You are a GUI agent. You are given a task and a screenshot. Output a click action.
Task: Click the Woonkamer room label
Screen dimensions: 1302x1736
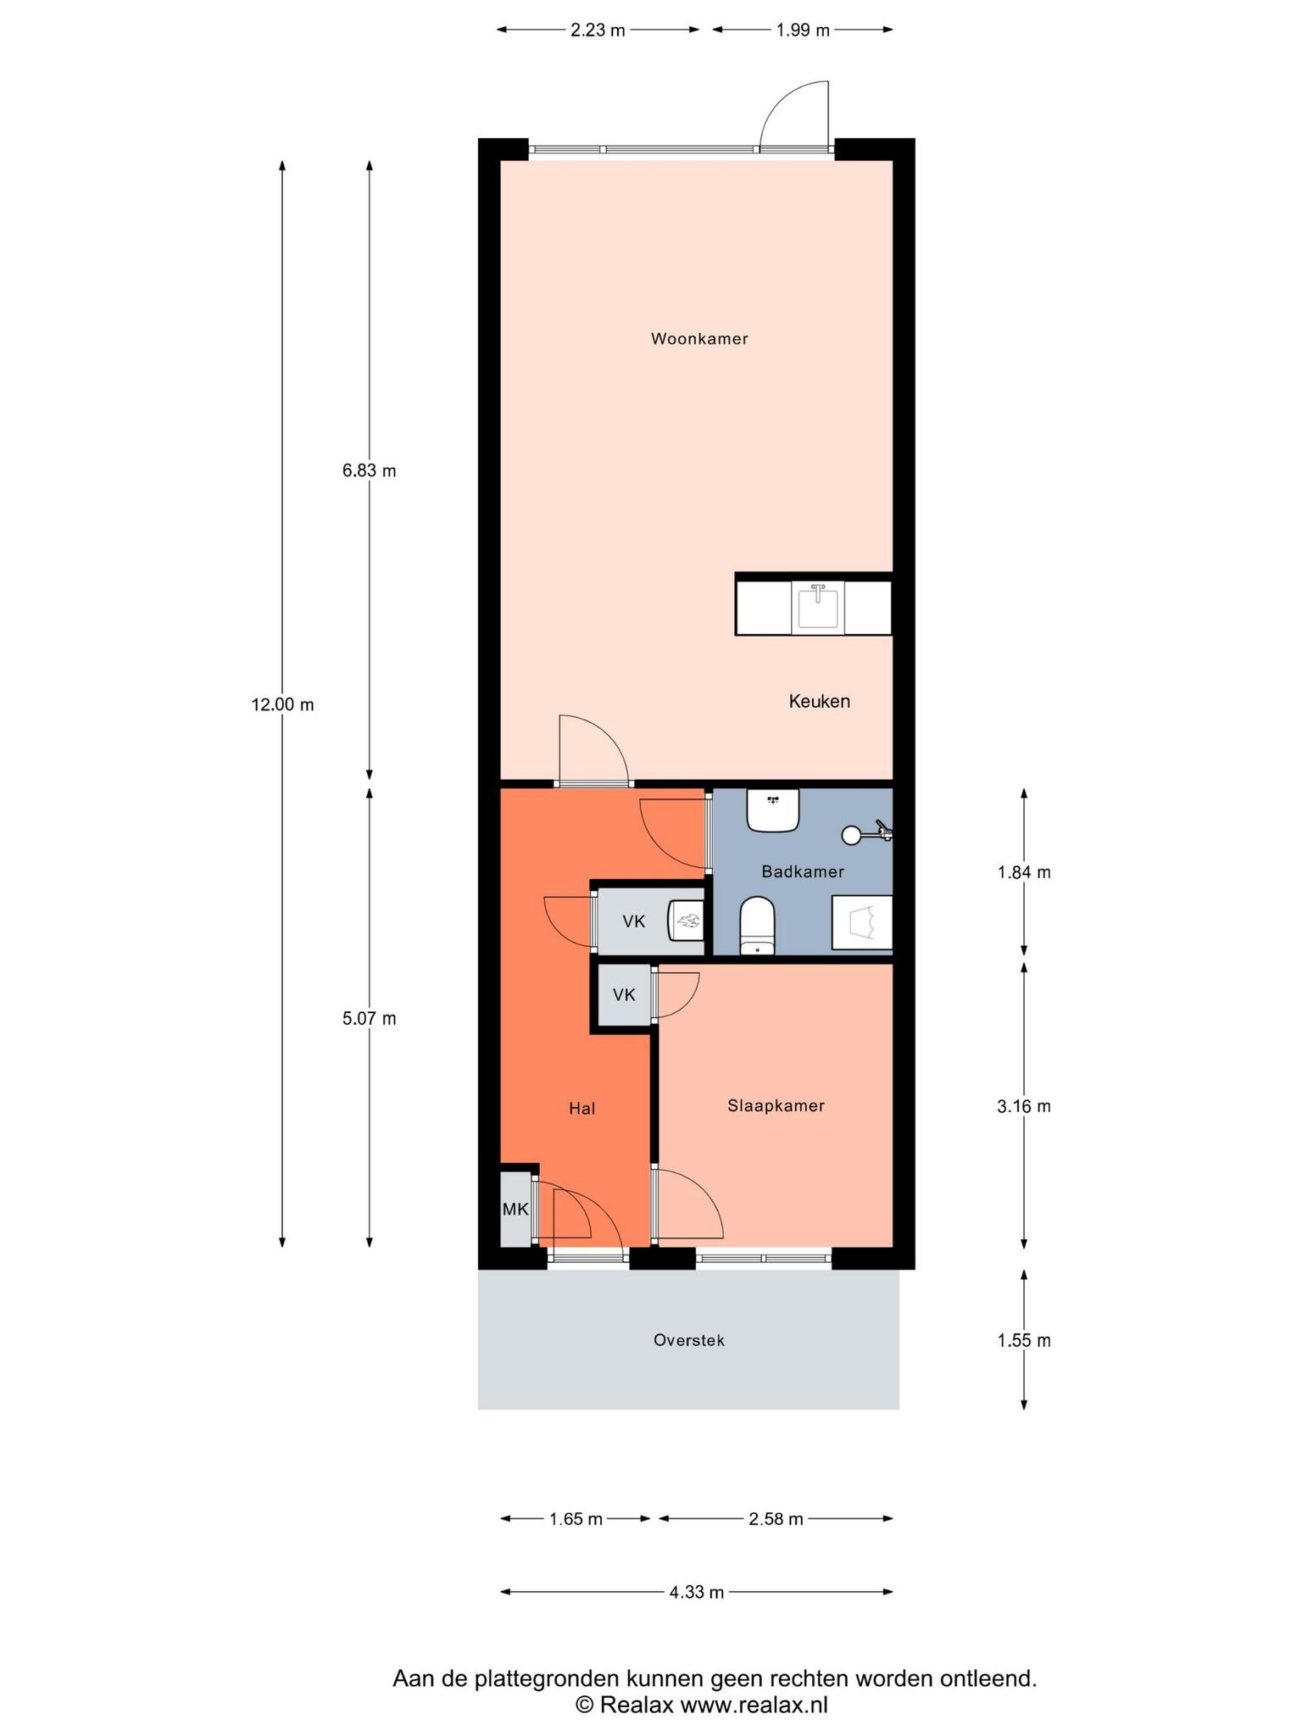(699, 339)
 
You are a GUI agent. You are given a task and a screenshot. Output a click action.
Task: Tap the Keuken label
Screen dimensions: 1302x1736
(819, 701)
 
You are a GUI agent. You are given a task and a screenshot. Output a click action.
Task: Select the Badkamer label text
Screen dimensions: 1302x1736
(803, 871)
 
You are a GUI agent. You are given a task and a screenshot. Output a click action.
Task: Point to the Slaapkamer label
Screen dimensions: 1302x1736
(776, 1106)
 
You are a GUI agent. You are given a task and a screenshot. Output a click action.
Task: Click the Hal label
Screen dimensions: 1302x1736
(582, 1108)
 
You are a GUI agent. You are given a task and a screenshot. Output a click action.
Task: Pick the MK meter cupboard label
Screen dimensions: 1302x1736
(515, 1210)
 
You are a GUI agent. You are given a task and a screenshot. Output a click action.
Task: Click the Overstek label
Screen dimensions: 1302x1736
(689, 1340)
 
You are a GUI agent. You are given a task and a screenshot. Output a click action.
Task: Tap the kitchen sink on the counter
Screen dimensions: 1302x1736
(818, 608)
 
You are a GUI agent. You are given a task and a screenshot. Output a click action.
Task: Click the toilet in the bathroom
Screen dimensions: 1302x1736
(757, 926)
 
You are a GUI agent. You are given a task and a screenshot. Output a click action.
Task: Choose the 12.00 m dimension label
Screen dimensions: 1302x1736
(282, 704)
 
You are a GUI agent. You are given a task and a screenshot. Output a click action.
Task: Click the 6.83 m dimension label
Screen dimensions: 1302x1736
(369, 470)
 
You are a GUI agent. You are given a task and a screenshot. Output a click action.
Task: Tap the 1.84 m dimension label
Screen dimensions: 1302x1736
(1024, 872)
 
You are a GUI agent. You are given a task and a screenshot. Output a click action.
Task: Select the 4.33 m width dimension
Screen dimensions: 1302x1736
(697, 1592)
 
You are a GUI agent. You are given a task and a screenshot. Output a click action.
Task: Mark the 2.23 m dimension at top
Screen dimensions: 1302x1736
(598, 31)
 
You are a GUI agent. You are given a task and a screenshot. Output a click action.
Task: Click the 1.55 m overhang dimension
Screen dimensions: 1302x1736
(1024, 1340)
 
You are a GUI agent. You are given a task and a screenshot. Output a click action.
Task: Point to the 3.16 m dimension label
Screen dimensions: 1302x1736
(1024, 1106)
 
